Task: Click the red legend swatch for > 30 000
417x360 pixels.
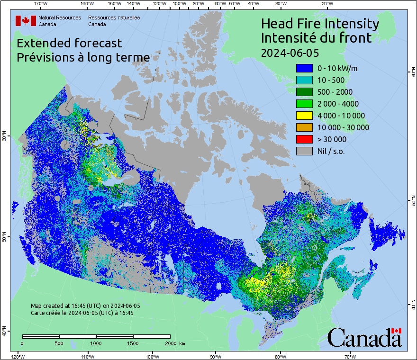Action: click(x=304, y=139)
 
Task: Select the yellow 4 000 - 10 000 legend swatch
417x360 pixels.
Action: click(x=304, y=116)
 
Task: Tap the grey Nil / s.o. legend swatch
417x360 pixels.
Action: click(x=304, y=151)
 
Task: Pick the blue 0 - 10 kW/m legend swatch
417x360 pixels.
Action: click(x=304, y=68)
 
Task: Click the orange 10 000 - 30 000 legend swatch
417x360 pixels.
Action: click(x=304, y=127)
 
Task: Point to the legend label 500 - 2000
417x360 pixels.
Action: click(x=335, y=92)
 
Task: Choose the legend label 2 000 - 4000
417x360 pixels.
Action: click(x=338, y=104)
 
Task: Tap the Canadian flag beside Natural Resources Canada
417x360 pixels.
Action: click(x=26, y=21)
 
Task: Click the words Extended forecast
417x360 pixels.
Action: click(x=69, y=43)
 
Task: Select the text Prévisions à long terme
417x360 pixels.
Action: click(x=83, y=57)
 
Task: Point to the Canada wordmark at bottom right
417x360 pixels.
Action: click(x=364, y=338)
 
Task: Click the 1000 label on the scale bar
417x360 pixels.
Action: click(x=96, y=343)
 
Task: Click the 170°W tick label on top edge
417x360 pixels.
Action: click(x=41, y=4)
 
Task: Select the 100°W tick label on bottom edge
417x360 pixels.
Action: click(x=153, y=356)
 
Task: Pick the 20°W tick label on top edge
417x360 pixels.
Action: click(x=326, y=4)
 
